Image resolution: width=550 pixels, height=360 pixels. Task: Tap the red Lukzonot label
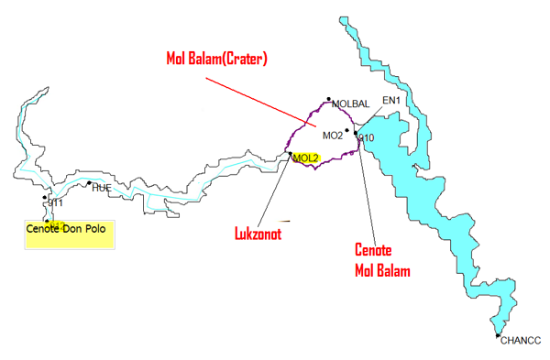[254, 234]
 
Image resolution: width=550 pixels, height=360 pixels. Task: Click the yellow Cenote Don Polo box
[67, 233]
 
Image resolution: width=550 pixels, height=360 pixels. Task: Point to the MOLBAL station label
[350, 104]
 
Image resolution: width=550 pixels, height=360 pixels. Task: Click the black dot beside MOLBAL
[328, 101]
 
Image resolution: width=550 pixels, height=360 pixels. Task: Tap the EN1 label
[391, 100]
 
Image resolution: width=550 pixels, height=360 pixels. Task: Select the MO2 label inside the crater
[332, 136]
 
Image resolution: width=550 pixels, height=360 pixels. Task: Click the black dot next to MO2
[347, 131]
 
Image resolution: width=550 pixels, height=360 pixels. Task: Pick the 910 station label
[367, 138]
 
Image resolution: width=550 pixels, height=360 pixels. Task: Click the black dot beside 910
[356, 134]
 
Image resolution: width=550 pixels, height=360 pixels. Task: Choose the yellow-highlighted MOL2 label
[306, 158]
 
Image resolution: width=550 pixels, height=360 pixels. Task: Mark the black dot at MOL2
[291, 154]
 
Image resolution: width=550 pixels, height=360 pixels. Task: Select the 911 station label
[55, 202]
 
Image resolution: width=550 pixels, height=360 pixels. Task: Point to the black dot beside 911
[45, 197]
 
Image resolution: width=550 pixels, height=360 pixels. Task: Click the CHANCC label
[522, 342]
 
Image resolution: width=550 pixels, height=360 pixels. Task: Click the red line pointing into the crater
[257, 101]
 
